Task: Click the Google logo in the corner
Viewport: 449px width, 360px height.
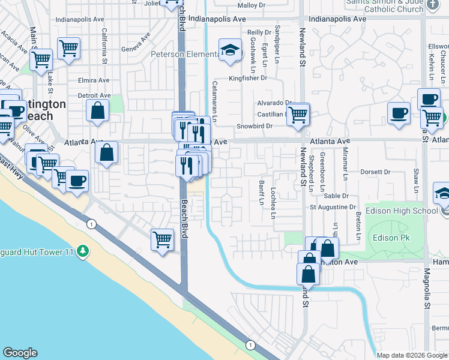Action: coord(20,353)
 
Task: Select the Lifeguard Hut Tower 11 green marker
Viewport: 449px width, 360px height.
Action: coord(85,251)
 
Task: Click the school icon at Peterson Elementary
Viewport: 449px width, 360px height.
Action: coord(228,52)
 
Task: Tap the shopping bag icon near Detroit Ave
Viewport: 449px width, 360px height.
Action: coord(97,111)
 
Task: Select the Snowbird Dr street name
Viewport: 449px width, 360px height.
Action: coord(255,126)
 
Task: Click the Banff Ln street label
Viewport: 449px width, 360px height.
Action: coord(262,192)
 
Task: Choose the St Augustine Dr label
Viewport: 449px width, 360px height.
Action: coord(333,207)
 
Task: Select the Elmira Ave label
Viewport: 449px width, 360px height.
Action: coord(94,80)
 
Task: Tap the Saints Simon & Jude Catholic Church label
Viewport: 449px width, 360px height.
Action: coord(384,5)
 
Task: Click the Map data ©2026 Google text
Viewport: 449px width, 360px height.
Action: coord(411,355)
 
